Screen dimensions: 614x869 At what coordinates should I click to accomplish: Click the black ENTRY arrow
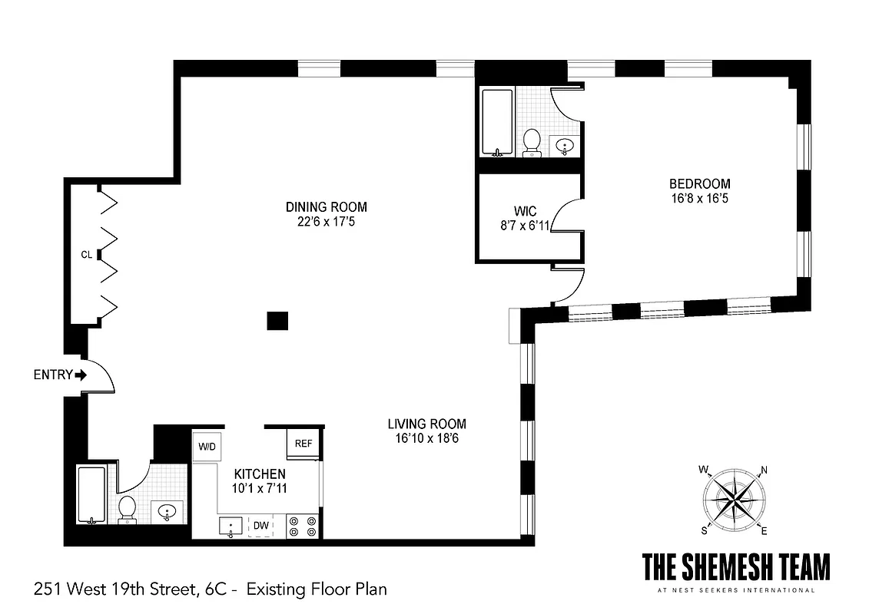(x=80, y=375)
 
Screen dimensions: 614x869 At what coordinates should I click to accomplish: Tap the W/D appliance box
(x=206, y=446)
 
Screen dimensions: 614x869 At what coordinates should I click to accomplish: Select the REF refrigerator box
(x=303, y=443)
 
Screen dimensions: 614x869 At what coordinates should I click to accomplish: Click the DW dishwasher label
(x=261, y=526)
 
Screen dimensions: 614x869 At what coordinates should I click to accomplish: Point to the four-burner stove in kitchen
(x=303, y=526)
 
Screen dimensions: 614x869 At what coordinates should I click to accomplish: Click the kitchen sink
(x=231, y=526)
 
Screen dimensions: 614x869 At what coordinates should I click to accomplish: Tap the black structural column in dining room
(x=277, y=321)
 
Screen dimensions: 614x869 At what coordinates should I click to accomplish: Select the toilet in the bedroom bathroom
(x=531, y=142)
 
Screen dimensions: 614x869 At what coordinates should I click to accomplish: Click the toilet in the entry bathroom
(x=128, y=508)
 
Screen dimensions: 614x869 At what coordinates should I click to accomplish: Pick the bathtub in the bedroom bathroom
(x=497, y=123)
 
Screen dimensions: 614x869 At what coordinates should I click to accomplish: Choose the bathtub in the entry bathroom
(x=91, y=495)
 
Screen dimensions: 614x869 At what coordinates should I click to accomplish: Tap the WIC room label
(x=526, y=210)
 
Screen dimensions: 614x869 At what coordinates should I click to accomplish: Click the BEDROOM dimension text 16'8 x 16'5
(x=699, y=198)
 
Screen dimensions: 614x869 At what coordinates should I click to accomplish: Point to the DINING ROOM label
(x=326, y=207)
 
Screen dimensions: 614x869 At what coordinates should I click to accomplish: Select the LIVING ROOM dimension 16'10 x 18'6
(x=426, y=438)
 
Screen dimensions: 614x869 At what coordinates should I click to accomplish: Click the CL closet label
(x=87, y=254)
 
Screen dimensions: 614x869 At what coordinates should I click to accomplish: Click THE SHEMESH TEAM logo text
(x=735, y=569)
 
